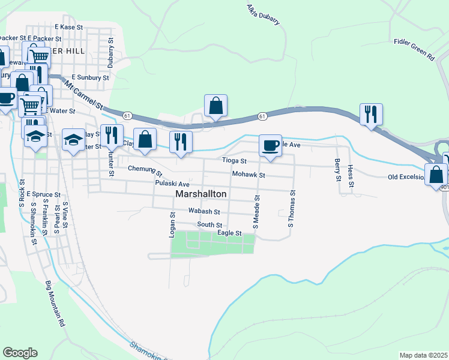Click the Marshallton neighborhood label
click(201, 194)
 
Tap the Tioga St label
click(235, 161)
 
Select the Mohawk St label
click(249, 175)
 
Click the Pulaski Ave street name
click(172, 184)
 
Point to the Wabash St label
click(204, 211)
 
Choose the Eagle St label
click(229, 233)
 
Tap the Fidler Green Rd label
click(414, 49)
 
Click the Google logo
click(20, 353)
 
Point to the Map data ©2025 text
click(423, 355)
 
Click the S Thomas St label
click(292, 209)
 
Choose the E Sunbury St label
click(90, 77)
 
